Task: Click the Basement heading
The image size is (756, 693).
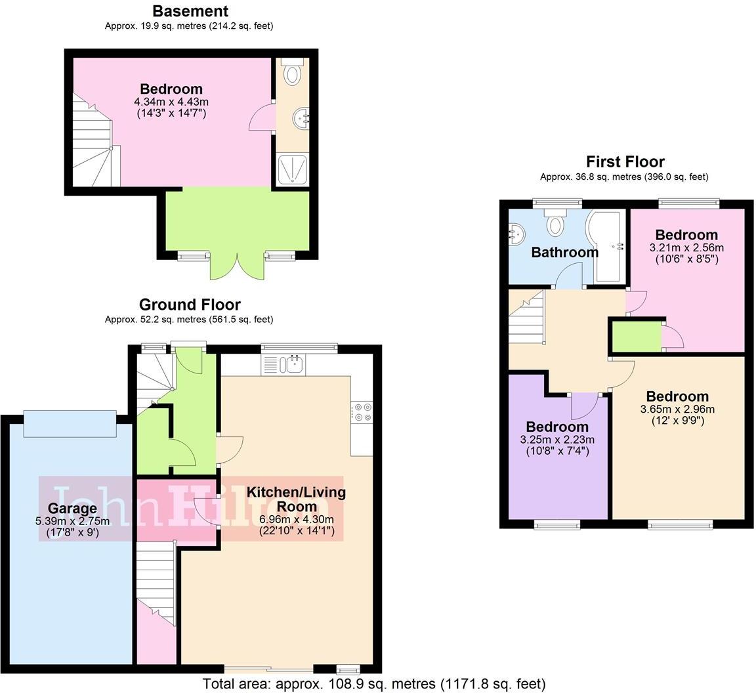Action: pos(190,11)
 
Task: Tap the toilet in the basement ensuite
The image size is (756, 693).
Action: pos(292,72)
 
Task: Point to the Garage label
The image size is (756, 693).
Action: pos(72,508)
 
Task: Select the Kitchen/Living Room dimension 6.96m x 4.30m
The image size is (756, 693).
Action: pos(297,519)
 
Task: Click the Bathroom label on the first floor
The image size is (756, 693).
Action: pos(564,252)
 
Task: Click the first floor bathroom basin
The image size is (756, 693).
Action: pos(517,234)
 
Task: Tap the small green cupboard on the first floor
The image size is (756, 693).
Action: pos(636,337)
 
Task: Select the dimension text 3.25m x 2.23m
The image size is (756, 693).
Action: pos(557,440)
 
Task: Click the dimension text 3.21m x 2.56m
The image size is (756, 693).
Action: pos(686,248)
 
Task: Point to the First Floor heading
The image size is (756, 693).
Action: pos(625,161)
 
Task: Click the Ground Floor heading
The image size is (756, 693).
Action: pos(190,304)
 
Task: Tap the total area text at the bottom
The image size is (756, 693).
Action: pos(374,684)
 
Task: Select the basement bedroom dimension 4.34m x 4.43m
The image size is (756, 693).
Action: pos(171,102)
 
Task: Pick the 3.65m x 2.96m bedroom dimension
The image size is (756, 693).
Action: pos(677,409)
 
